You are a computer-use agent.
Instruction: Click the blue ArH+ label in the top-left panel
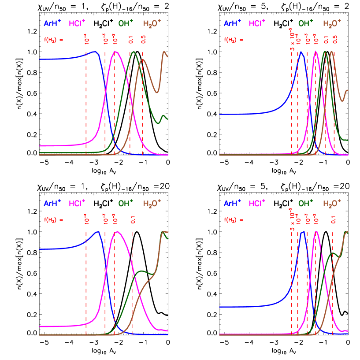coord(52,23)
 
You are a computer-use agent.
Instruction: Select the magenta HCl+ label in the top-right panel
coord(257,23)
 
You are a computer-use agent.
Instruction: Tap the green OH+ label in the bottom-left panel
coord(126,203)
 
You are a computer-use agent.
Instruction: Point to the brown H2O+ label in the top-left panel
coord(152,23)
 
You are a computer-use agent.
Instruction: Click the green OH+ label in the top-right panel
coord(306,23)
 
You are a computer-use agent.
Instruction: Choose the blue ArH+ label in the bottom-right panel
coord(232,203)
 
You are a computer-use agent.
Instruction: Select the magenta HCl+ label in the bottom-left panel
coord(77,203)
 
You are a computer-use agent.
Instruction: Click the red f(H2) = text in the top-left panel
coord(53,40)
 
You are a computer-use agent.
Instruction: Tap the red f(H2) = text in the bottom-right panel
coord(234,219)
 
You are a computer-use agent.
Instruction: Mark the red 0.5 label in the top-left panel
coord(143,39)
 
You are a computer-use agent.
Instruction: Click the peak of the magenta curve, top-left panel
coord(116,52)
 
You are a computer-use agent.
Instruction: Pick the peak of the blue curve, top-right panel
coord(301,52)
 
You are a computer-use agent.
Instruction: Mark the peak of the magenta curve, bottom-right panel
coord(316,231)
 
